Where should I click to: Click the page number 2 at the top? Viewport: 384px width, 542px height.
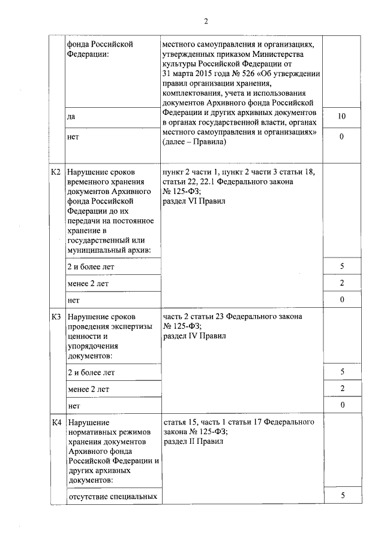click(x=205, y=22)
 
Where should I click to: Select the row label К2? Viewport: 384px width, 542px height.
click(x=56, y=172)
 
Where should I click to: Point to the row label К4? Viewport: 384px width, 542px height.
click(x=56, y=423)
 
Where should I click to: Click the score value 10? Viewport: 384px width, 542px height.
click(x=341, y=116)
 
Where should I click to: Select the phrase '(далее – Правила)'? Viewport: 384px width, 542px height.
click(x=194, y=143)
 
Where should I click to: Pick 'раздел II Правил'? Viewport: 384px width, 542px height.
click(x=193, y=441)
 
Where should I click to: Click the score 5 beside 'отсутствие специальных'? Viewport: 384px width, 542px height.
click(x=342, y=495)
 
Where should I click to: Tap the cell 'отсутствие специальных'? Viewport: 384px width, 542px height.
click(x=112, y=496)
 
